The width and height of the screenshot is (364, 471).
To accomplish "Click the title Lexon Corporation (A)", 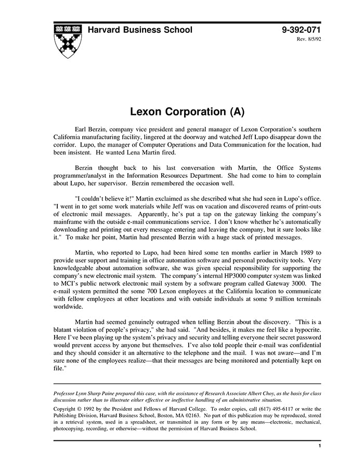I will click(187, 112).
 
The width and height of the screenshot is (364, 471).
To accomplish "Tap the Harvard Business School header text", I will click(140, 30).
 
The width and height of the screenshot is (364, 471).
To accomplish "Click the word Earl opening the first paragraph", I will click(82, 128).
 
